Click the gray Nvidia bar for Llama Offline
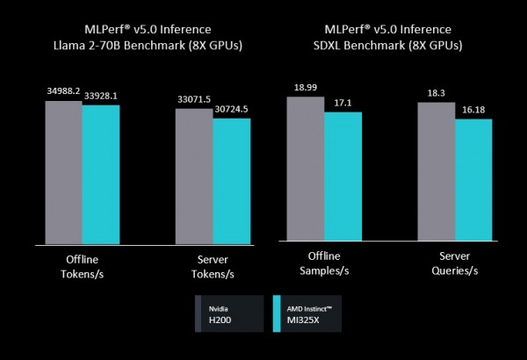coord(63,171)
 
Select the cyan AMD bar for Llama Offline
coord(100,174)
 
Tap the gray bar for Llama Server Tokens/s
coord(193,176)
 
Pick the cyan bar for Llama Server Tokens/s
coord(232,180)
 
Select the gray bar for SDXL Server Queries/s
coord(436,170)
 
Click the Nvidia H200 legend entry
coord(229,313)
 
